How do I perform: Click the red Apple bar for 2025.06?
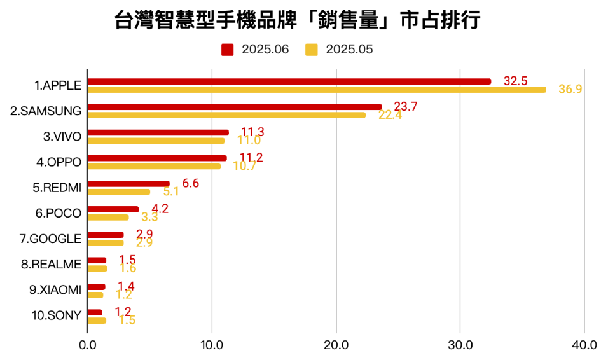[x=289, y=81]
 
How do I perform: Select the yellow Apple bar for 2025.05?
[x=316, y=90]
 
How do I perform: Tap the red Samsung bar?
[x=234, y=107]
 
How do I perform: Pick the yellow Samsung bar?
[x=226, y=115]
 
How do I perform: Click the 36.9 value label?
[x=570, y=89]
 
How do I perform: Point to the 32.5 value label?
[x=515, y=81]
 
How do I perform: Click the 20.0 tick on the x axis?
[x=336, y=345]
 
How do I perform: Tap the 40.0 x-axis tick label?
[x=584, y=345]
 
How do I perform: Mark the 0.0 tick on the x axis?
[x=87, y=345]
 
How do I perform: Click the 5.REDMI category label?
[x=57, y=188]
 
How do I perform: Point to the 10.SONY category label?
[x=56, y=315]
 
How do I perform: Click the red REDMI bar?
[x=128, y=184]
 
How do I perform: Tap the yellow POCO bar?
[x=107, y=218]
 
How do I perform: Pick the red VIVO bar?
[x=157, y=132]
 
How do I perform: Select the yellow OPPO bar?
[x=153, y=167]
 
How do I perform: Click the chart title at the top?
[x=298, y=20]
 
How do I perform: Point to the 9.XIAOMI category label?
[x=55, y=290]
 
